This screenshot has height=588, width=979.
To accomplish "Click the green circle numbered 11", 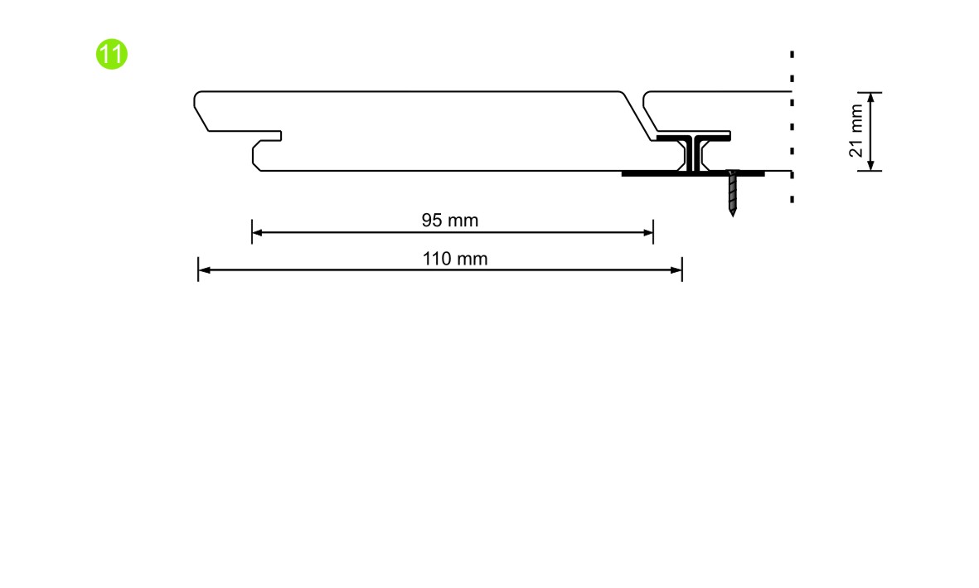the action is pyautogui.click(x=112, y=55).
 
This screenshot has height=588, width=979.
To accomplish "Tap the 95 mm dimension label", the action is pyautogui.click(x=449, y=221).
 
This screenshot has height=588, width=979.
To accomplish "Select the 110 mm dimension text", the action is pyautogui.click(x=454, y=259).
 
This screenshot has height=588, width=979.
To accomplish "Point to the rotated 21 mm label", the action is pyautogui.click(x=856, y=130).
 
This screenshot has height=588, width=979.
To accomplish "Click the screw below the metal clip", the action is pyautogui.click(x=732, y=192).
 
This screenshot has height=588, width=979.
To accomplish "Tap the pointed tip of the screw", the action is pyautogui.click(x=733, y=216).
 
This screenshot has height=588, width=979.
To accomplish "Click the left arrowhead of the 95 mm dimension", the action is pyautogui.click(x=257, y=232).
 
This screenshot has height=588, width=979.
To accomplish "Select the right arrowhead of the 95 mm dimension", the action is pyautogui.click(x=648, y=232).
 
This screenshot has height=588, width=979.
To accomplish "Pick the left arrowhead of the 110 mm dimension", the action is pyautogui.click(x=204, y=270).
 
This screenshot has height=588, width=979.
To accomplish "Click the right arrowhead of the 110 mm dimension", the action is pyautogui.click(x=676, y=270).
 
